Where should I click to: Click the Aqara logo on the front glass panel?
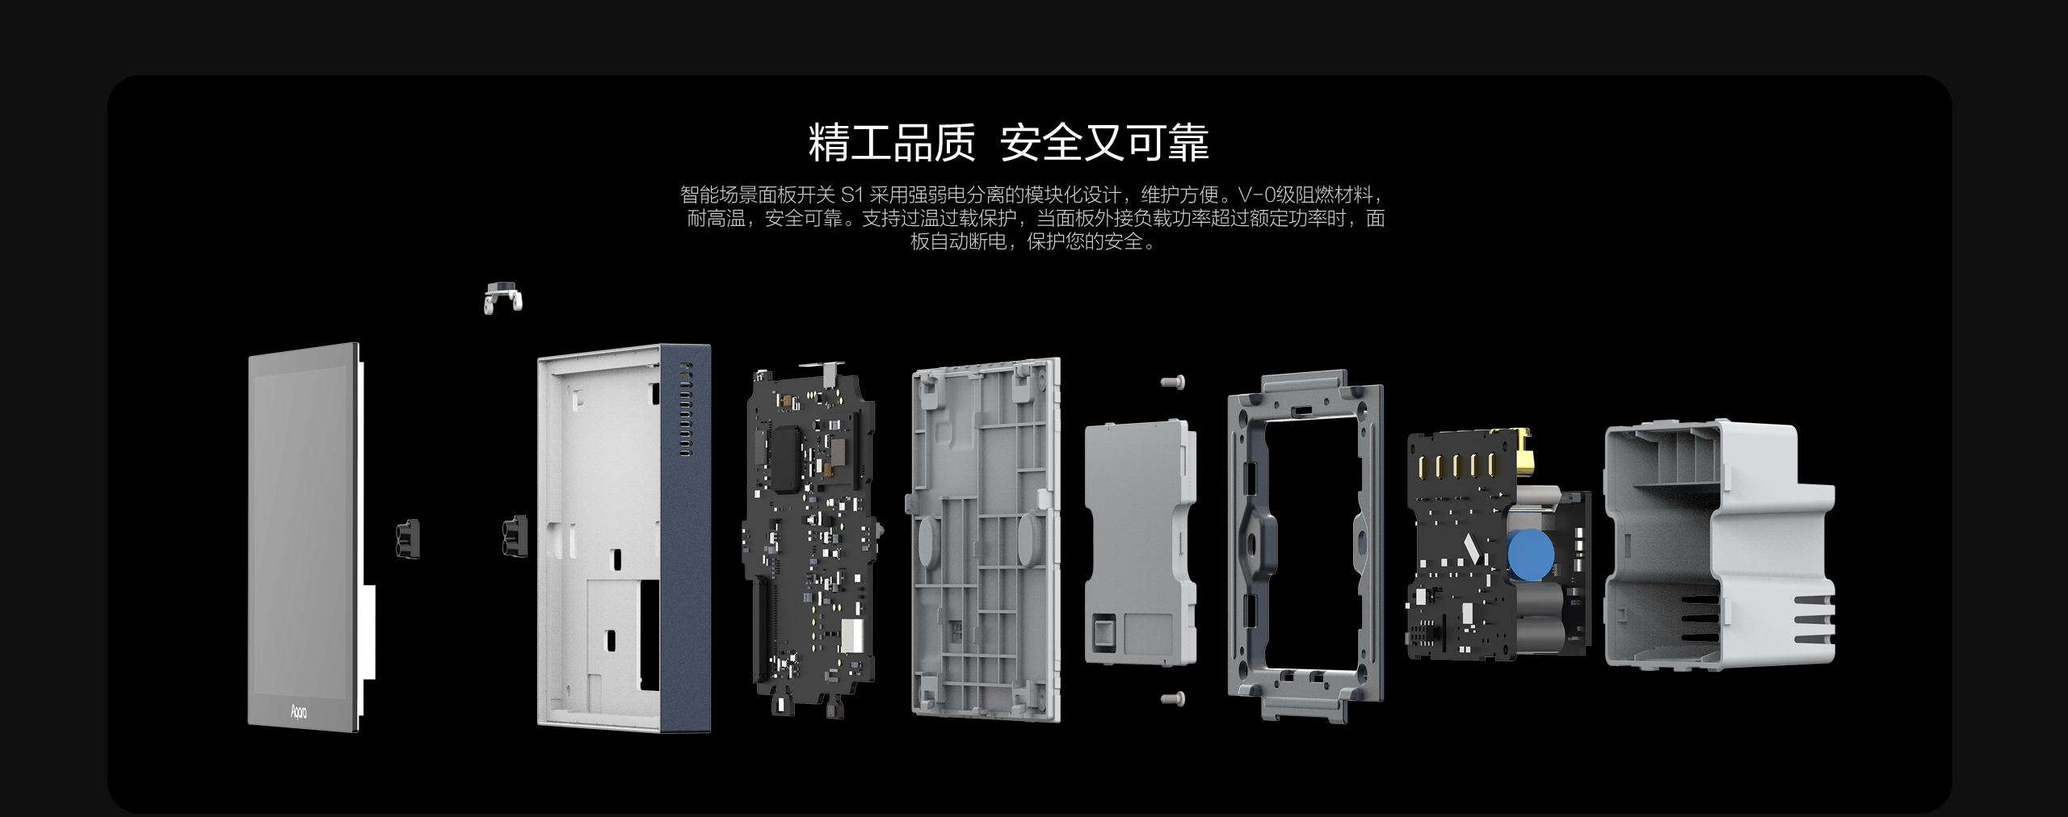298,710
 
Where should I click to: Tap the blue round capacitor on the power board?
1530,555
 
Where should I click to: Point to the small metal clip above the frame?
503,298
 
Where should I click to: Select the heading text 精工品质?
892,143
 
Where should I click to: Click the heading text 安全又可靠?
1104,143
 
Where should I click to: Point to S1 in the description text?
852,195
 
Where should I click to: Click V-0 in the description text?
1255,195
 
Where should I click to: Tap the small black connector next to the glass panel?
409,538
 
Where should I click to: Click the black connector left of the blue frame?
514,537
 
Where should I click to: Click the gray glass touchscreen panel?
304,538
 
